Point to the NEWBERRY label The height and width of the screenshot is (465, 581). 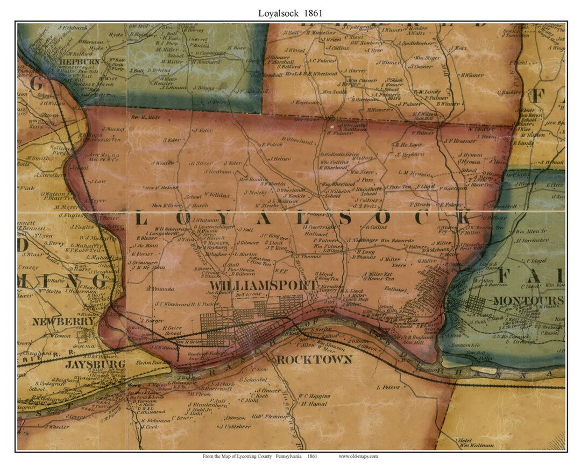click(x=58, y=321)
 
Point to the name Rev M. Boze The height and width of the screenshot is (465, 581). click(x=147, y=116)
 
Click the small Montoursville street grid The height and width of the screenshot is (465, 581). click(x=476, y=304)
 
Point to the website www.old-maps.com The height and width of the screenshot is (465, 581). click(x=358, y=456)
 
